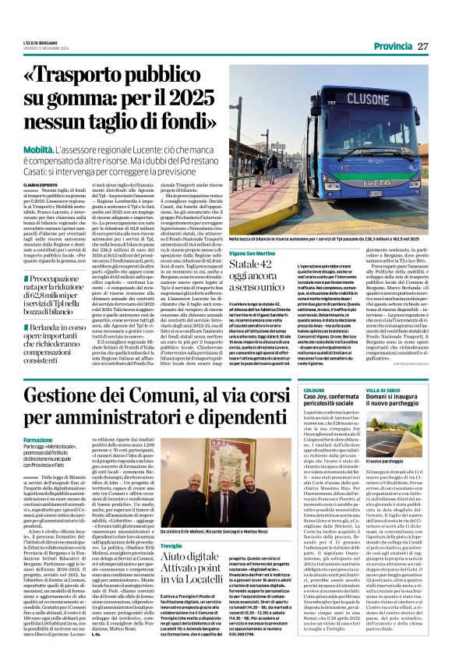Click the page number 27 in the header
tap(423, 47)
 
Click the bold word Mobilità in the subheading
tap(48, 124)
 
